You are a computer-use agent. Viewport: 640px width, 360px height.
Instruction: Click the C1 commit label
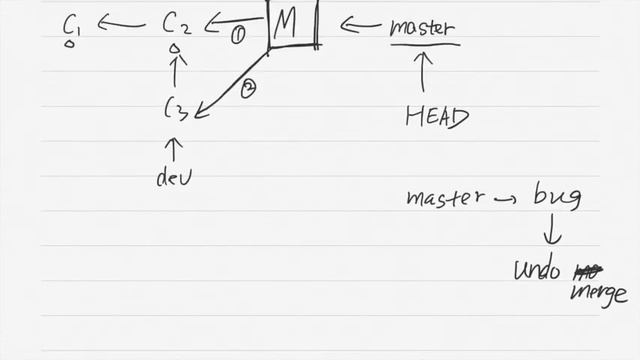pos(72,25)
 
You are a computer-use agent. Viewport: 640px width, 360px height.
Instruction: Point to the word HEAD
pos(437,117)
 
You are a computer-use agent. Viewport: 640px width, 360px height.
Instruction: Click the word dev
pos(173,178)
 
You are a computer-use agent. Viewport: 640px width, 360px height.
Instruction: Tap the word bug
pos(558,197)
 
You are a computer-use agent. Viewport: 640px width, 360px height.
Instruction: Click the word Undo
pos(537,270)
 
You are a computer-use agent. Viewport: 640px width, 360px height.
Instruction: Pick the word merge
pos(598,294)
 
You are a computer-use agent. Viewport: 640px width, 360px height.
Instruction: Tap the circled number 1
pos(238,36)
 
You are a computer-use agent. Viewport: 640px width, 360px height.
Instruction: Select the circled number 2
pos(249,89)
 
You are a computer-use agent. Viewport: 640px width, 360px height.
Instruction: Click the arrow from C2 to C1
pos(121,25)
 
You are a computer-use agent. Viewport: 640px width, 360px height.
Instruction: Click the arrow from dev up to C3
pos(175,149)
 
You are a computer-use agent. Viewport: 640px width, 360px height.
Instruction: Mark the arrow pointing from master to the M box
pos(359,25)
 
